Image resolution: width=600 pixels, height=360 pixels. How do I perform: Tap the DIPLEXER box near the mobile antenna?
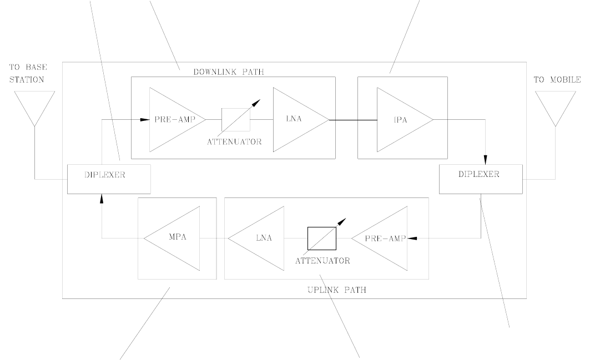(480, 179)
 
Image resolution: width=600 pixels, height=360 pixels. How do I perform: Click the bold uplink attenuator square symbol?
(322, 239)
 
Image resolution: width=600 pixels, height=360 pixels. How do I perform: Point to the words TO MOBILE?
(557, 80)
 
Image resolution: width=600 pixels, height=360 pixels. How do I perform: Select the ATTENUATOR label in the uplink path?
(322, 260)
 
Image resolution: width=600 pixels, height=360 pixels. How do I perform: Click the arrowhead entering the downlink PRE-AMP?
(144, 119)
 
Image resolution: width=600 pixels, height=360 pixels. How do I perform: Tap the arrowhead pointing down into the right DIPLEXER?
(486, 160)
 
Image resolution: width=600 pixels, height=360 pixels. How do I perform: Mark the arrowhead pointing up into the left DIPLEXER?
(102, 199)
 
